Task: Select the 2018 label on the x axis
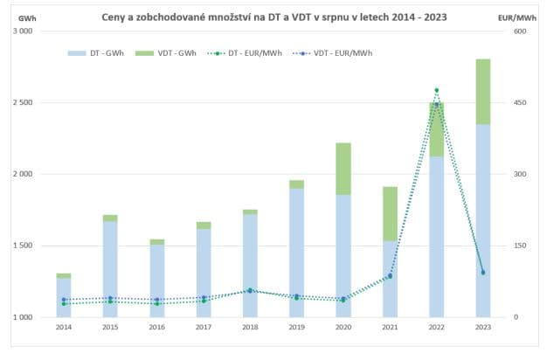(x=250, y=328)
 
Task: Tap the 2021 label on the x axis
(x=390, y=328)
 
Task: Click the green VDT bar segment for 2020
(x=343, y=169)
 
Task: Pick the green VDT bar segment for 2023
(x=483, y=92)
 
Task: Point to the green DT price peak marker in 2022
(x=436, y=90)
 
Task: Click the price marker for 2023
(x=483, y=273)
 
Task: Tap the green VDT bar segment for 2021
(x=390, y=214)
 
